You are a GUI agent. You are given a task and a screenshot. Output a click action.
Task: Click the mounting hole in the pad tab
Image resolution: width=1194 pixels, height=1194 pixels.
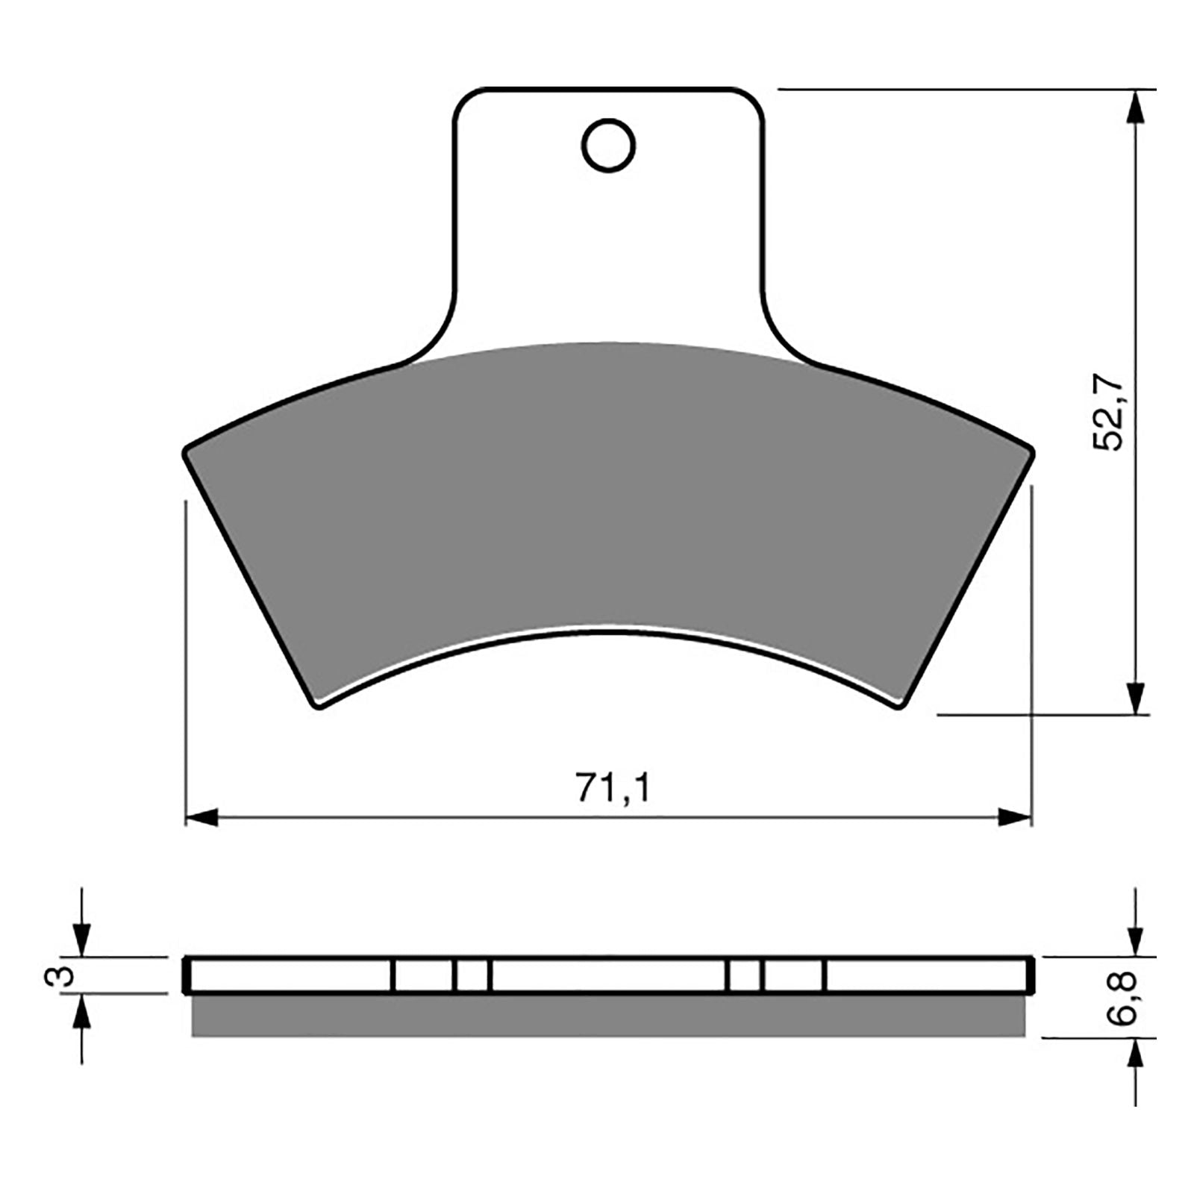(x=608, y=145)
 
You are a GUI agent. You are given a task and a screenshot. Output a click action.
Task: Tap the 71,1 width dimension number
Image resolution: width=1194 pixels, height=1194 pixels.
(x=613, y=788)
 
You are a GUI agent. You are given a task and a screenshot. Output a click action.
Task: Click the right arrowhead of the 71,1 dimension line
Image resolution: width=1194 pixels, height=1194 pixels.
(x=1015, y=817)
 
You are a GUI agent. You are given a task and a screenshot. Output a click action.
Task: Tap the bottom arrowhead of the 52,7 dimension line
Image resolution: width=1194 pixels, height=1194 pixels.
(x=1135, y=697)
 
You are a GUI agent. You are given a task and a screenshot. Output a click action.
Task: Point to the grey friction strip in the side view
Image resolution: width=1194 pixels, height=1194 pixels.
(x=608, y=1016)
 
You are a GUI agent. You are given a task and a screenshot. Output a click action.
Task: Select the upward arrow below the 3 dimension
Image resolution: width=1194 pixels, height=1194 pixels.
(x=81, y=1012)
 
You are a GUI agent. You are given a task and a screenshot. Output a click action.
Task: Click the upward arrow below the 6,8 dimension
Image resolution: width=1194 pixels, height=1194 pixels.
(x=1135, y=1056)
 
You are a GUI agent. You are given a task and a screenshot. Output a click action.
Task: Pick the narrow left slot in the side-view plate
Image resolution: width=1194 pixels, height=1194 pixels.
(x=472, y=975)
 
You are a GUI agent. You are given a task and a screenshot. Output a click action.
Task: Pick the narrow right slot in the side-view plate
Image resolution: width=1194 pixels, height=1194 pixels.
(x=744, y=975)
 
